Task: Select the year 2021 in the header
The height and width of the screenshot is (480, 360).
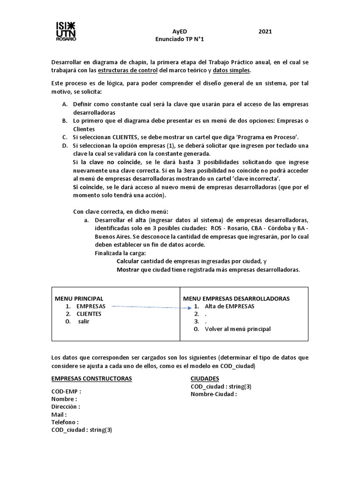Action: click(265, 31)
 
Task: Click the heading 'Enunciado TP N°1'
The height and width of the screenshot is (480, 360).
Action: click(180, 39)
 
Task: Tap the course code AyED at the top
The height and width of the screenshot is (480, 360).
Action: click(180, 31)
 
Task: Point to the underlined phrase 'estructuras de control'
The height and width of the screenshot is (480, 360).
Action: click(127, 70)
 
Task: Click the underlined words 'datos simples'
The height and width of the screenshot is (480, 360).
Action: click(232, 70)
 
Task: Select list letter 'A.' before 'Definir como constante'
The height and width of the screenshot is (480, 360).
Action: click(65, 104)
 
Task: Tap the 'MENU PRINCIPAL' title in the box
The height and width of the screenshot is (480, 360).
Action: click(79, 299)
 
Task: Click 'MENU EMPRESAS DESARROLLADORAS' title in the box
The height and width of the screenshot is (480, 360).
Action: click(236, 299)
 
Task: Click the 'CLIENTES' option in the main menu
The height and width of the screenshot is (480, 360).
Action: click(89, 314)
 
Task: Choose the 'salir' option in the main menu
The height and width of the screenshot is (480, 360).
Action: click(84, 322)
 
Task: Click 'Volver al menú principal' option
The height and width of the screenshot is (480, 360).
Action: click(238, 329)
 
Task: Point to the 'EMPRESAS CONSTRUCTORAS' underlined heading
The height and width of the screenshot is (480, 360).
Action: click(91, 379)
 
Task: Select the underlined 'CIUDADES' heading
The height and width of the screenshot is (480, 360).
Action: click(205, 379)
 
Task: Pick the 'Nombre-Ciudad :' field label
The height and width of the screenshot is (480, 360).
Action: click(214, 394)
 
